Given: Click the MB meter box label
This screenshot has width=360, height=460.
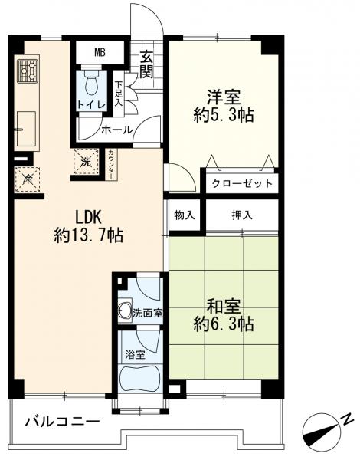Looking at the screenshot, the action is pyautogui.click(x=100, y=52).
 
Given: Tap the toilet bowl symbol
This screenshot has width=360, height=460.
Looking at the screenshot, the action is pyautogui.click(x=93, y=83).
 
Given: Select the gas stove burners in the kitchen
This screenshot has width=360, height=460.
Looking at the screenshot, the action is pyautogui.click(x=28, y=71).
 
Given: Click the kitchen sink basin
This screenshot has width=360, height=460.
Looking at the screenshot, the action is pyautogui.click(x=26, y=129).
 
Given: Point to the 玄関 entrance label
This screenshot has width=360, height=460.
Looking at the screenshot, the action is pyautogui.click(x=146, y=65).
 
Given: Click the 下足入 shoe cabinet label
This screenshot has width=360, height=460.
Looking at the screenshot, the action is pyautogui.click(x=119, y=94).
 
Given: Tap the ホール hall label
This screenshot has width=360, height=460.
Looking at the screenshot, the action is pyautogui.click(x=117, y=130).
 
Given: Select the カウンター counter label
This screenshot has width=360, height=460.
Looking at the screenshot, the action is pyautogui.click(x=111, y=165).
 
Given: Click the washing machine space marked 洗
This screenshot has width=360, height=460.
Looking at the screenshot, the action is pyautogui.click(x=86, y=161).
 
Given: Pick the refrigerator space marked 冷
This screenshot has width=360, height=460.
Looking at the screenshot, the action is pyautogui.click(x=28, y=179).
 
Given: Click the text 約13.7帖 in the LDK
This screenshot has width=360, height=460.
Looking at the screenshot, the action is pyautogui.click(x=88, y=235).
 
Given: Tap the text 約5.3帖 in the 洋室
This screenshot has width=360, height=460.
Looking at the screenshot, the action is pyautogui.click(x=224, y=115).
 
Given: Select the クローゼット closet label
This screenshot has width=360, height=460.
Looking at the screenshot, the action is pyautogui.click(x=242, y=184).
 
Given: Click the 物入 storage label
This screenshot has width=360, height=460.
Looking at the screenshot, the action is pyautogui.click(x=185, y=215).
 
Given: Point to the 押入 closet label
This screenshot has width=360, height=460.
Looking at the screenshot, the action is pyautogui.click(x=242, y=215).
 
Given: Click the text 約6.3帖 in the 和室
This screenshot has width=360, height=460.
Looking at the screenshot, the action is pyautogui.click(x=224, y=324).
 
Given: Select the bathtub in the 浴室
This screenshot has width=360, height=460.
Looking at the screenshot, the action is pyautogui.click(x=140, y=379).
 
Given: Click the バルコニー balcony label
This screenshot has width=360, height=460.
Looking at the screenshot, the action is pyautogui.click(x=62, y=422).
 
